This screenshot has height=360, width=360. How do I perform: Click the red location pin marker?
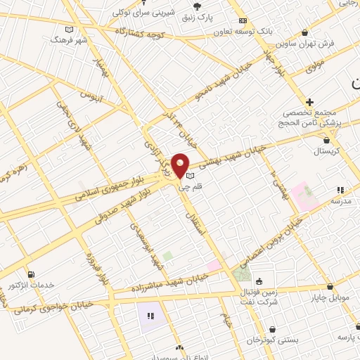click(x=181, y=166)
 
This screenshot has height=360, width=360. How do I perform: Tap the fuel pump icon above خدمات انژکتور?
click(x=30, y=274)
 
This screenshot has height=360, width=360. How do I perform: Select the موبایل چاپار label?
click(x=330, y=299)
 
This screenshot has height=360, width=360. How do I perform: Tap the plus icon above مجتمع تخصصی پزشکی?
click(x=309, y=103)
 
